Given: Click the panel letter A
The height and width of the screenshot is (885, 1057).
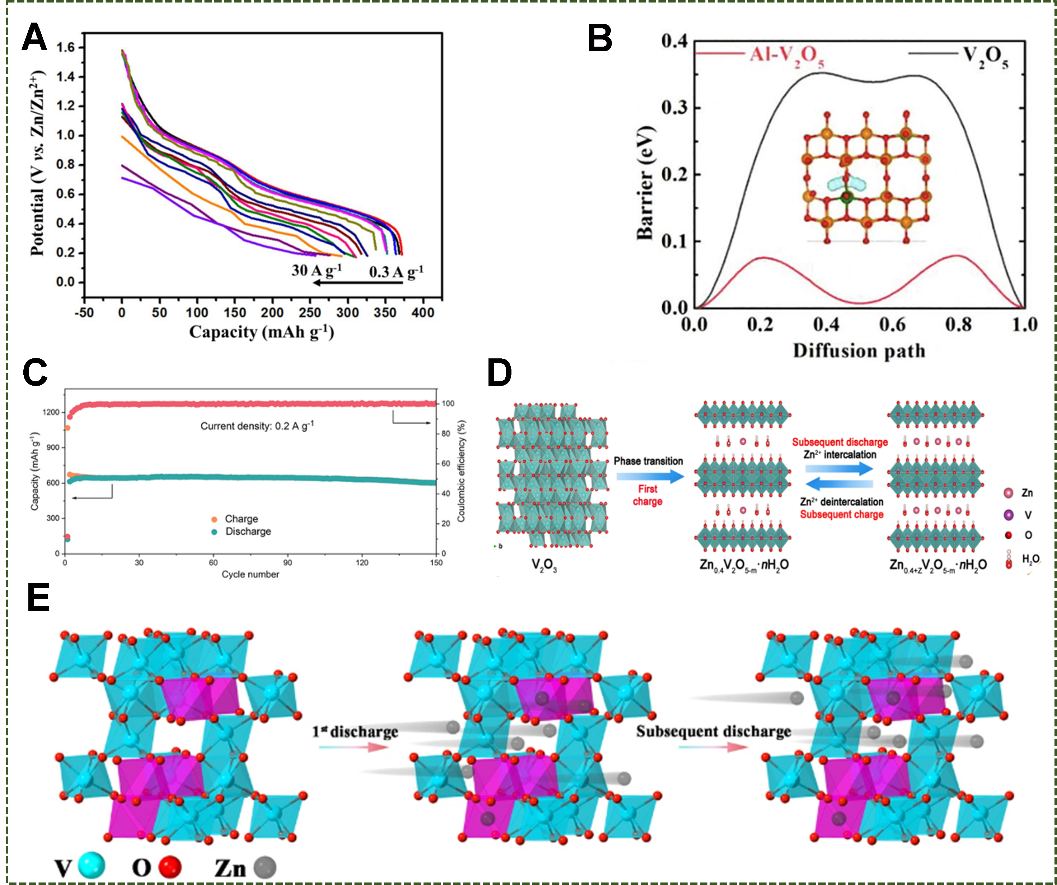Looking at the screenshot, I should (34, 38).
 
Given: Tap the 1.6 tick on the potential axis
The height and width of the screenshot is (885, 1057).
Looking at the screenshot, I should (65, 48).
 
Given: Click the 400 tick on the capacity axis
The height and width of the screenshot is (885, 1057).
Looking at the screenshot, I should (422, 312).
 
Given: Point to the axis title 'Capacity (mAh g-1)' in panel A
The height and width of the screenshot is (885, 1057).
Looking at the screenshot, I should (261, 332).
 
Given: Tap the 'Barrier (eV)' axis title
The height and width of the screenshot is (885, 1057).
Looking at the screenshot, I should (645, 183).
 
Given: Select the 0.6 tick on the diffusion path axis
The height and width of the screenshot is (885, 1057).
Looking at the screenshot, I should (892, 325).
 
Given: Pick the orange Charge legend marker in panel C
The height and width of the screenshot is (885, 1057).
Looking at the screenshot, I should (214, 519).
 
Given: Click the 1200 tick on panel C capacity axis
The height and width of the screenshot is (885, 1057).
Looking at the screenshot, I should (51, 412).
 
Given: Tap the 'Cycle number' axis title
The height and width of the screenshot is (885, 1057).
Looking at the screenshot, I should (250, 574).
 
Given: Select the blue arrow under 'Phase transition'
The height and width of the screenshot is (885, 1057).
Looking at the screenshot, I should (650, 475).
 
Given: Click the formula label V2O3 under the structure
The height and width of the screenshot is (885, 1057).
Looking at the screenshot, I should (544, 565).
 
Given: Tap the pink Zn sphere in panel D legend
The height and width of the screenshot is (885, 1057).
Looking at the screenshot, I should (1008, 493).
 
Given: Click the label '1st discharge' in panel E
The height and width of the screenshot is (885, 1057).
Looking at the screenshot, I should (355, 731).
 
